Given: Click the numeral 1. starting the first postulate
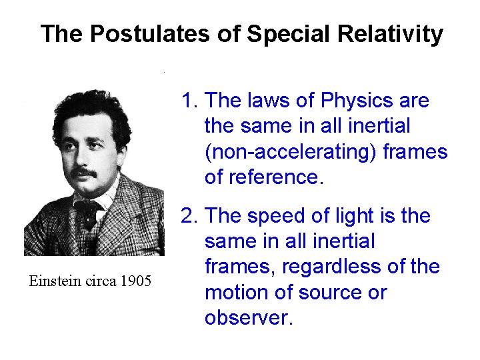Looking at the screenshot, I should click(x=190, y=101).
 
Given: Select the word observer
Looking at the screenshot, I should click(x=248, y=317).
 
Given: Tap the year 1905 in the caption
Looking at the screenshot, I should click(x=137, y=281).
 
